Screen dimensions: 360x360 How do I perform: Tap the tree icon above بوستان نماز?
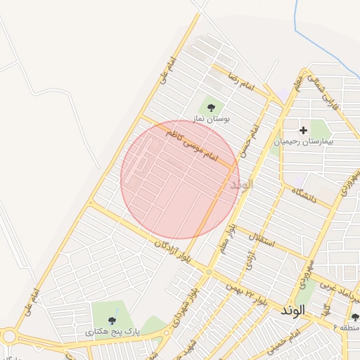pos(211,108)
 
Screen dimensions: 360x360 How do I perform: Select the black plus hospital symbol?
pos(303,130)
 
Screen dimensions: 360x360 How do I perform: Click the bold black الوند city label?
pos(292,310)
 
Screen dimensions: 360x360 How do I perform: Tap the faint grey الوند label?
pos(240,185)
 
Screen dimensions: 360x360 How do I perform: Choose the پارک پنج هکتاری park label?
pos(113,330)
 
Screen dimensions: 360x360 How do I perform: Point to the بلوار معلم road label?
pos(226,240)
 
